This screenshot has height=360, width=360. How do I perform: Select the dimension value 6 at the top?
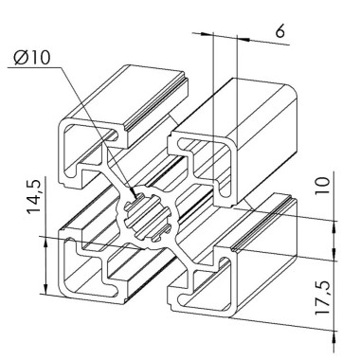279,30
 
